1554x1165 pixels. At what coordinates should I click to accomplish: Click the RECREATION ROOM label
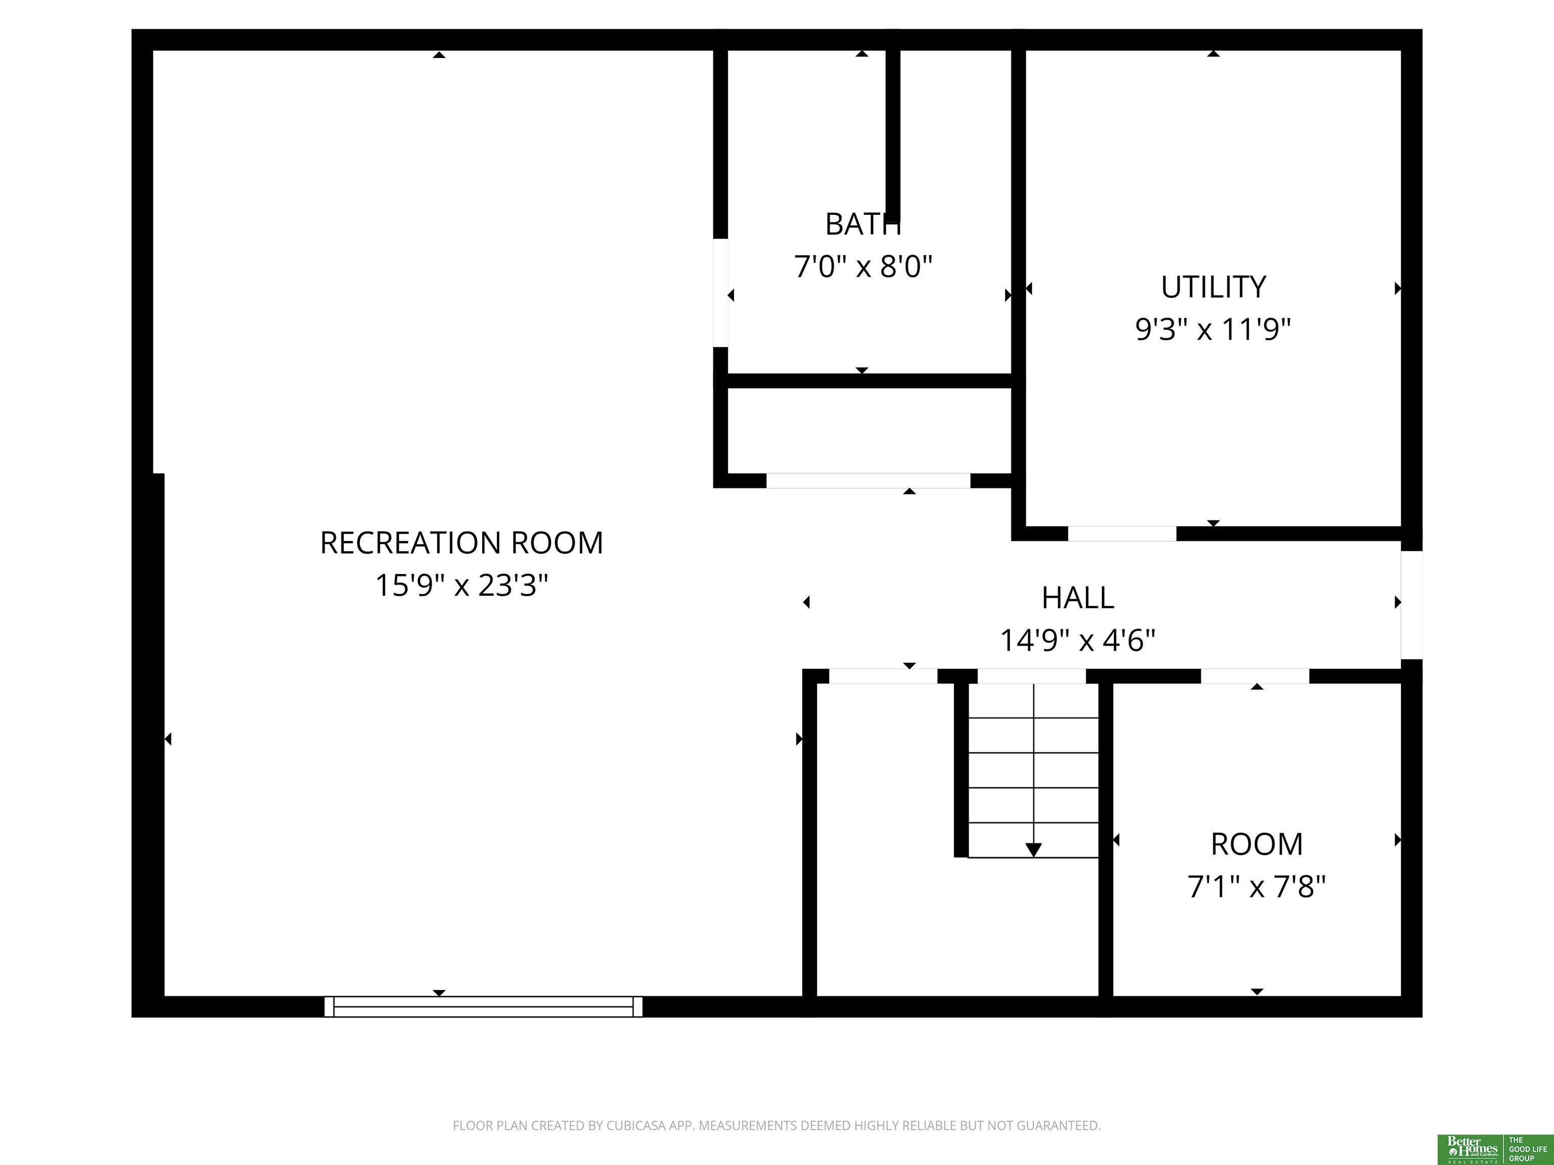tap(461, 543)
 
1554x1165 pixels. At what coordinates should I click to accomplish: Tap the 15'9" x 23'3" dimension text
tap(461, 585)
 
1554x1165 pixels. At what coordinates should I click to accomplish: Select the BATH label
tap(862, 225)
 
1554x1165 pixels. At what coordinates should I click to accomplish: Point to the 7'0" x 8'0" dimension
tap(862, 267)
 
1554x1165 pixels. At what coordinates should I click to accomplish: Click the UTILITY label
tap(1213, 287)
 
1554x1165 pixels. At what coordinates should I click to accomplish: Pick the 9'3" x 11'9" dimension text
tap(1213, 329)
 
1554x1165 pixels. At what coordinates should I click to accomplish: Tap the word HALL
tap(1077, 598)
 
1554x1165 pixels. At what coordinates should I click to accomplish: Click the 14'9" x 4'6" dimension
tap(1077, 640)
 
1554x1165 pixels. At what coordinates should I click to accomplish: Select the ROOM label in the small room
tap(1257, 844)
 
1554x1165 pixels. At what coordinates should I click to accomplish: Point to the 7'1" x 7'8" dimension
tap(1257, 886)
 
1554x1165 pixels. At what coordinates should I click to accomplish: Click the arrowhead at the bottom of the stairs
tap(1033, 849)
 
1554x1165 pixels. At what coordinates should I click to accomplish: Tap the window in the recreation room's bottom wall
tap(483, 1006)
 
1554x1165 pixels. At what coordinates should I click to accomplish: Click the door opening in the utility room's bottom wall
tap(1122, 533)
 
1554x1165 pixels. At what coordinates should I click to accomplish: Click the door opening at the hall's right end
tap(1411, 605)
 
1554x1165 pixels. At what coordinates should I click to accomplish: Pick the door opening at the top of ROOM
tap(1255, 676)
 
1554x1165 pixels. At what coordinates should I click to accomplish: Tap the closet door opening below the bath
tap(869, 481)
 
